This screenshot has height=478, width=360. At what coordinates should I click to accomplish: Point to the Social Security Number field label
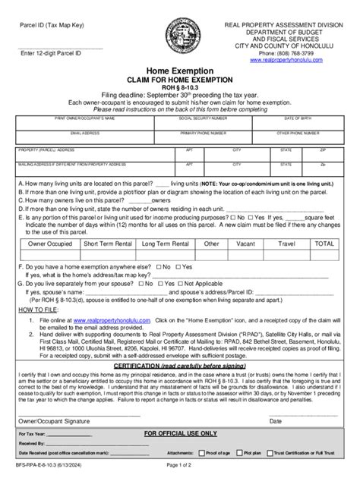point(202,119)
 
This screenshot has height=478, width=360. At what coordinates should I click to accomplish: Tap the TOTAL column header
point(325,244)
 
